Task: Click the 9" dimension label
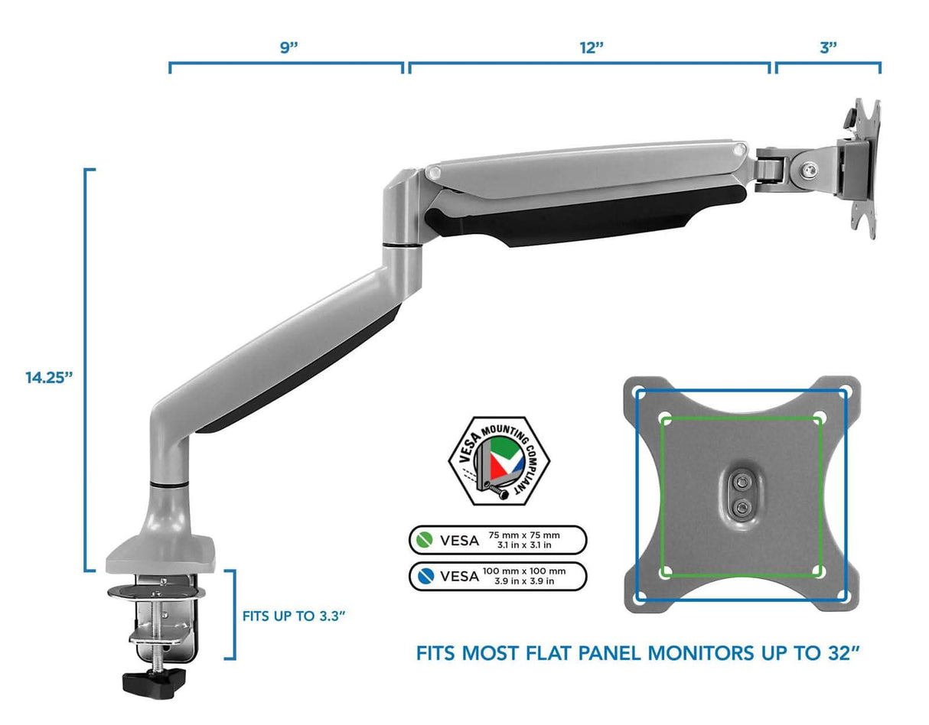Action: [x=288, y=46]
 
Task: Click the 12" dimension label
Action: [x=590, y=46]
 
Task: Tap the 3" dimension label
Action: [x=828, y=46]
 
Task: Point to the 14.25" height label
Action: [x=48, y=377]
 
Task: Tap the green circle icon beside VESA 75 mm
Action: [x=423, y=540]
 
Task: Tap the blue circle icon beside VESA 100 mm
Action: [x=423, y=576]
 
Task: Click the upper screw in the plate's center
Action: [x=741, y=482]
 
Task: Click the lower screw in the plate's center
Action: [x=741, y=506]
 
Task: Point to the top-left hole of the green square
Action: [x=664, y=418]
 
